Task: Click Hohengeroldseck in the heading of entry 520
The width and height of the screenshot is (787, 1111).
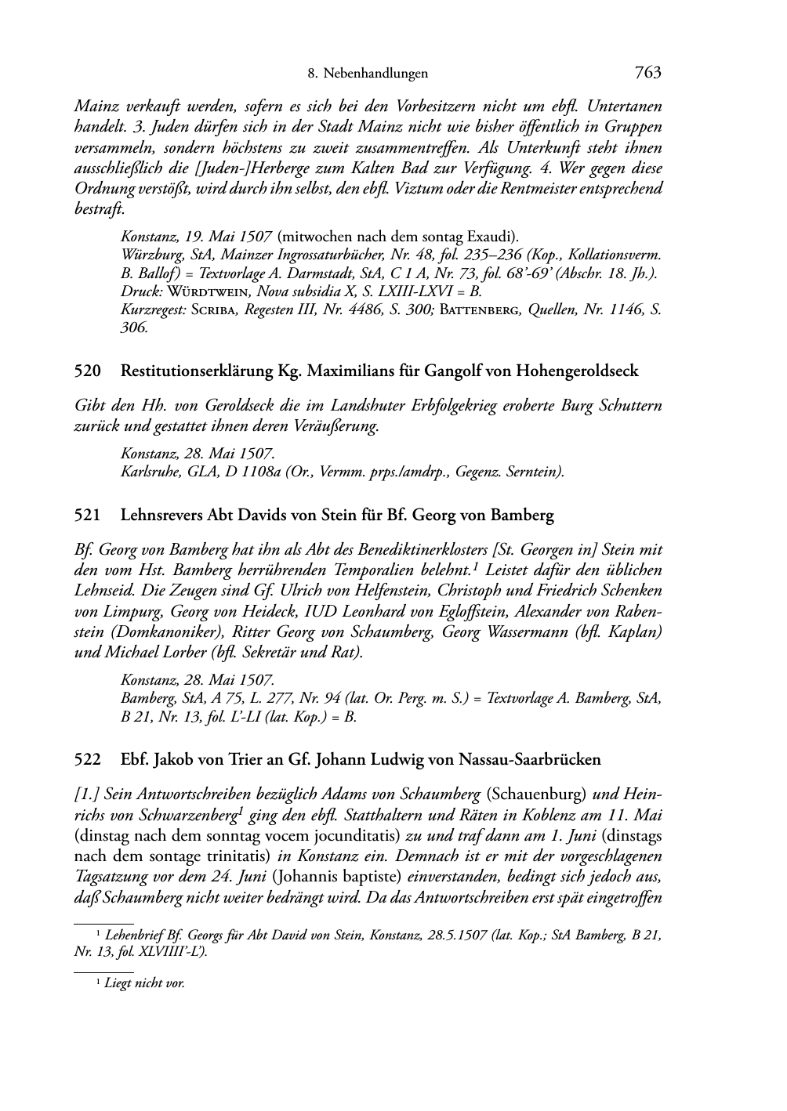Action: [577, 371]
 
